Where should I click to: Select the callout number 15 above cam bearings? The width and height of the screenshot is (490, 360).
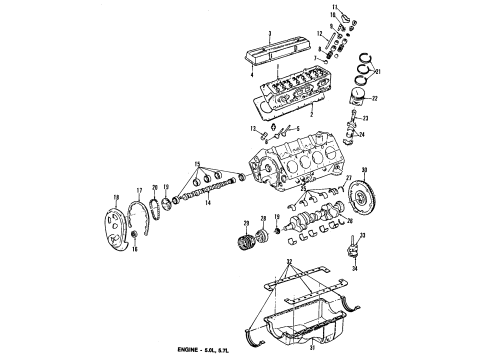coord(198,162)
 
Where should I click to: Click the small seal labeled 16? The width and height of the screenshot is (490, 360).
coord(134,261)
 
